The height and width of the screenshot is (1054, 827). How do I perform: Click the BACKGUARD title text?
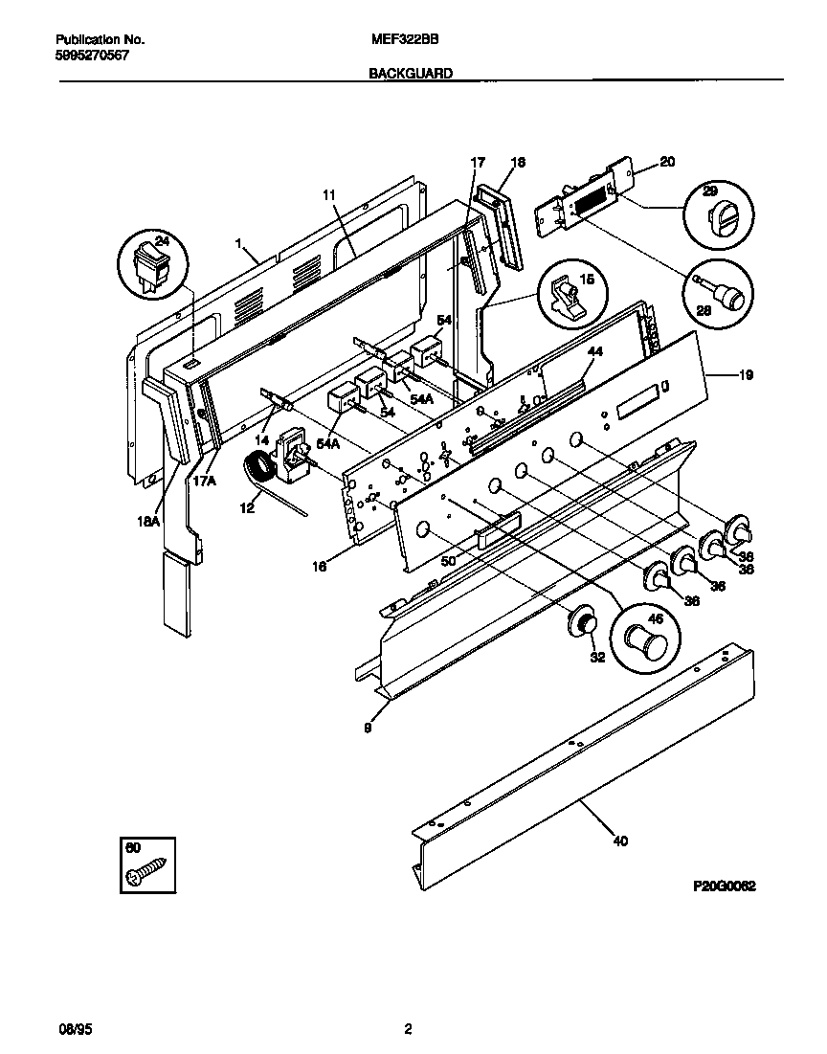pyautogui.click(x=411, y=73)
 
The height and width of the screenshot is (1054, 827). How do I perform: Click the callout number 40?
pyautogui.click(x=620, y=842)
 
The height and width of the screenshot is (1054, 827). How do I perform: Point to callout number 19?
pyautogui.click(x=747, y=375)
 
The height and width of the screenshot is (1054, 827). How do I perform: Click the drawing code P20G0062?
pyautogui.click(x=725, y=887)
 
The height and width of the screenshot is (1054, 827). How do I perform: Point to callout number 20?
pyautogui.click(x=667, y=163)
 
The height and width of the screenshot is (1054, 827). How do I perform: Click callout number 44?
pyautogui.click(x=595, y=352)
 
